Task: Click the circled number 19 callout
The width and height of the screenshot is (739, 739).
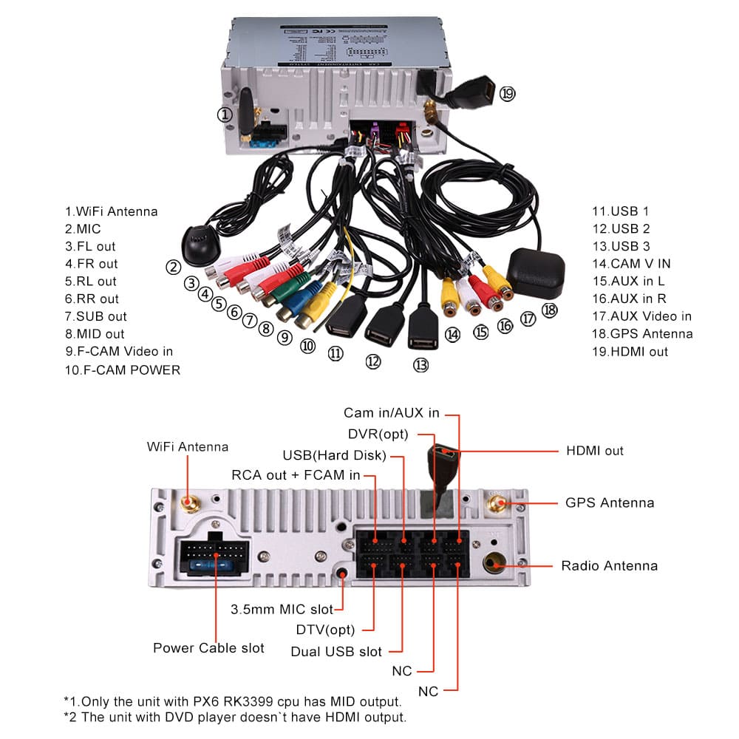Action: [506, 93]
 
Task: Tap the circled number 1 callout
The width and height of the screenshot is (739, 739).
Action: [225, 115]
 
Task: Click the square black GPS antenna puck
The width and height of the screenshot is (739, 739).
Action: [537, 270]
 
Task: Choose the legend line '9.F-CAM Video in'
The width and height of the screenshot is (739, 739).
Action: [119, 352]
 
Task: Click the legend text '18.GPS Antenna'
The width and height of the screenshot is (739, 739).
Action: [642, 334]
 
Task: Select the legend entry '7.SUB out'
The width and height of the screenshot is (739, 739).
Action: [95, 316]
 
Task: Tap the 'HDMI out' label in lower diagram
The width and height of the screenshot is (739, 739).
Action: [595, 451]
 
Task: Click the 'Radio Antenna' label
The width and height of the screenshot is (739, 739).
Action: [609, 566]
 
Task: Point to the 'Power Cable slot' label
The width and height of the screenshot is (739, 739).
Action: [208, 648]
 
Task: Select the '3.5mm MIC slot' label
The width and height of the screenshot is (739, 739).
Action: [282, 610]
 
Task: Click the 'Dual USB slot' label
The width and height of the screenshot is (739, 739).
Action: [336, 652]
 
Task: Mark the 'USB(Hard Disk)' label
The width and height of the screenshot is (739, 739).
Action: [334, 454]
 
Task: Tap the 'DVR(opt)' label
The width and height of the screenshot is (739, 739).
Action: [378, 433]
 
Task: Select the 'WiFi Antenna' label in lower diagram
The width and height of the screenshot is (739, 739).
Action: [188, 446]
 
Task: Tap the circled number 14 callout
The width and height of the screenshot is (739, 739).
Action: [452, 335]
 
